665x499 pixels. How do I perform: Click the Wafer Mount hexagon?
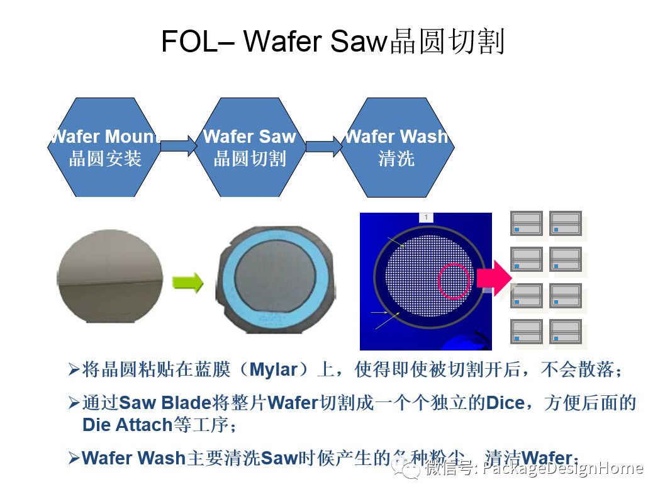coord(104,147)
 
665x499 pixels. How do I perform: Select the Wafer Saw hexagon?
coord(250,147)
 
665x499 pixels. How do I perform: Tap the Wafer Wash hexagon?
coord(396,147)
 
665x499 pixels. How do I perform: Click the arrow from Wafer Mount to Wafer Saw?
coord(178,146)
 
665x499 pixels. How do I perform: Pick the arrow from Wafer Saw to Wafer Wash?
coord(323,146)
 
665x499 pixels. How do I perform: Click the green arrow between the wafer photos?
coord(189,283)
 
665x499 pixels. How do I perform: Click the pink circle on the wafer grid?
coord(453,281)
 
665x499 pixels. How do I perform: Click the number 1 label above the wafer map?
coord(426,217)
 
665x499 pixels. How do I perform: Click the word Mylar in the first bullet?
coord(273,370)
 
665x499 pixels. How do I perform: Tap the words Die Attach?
coord(128,425)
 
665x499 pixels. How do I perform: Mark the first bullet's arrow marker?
coord(74,370)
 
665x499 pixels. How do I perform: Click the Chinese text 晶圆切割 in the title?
coord(447,42)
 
